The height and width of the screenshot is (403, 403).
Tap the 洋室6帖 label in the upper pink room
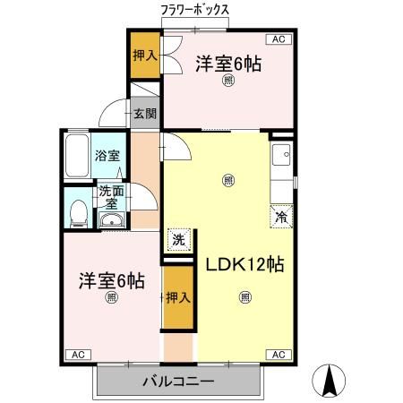[228, 64]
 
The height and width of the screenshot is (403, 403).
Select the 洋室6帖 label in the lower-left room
[112, 280]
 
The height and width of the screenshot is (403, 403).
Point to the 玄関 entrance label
[145, 114]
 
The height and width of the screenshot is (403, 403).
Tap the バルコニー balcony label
[177, 382]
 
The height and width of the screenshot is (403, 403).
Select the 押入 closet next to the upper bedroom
[145, 56]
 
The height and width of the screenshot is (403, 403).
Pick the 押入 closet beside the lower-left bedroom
[178, 298]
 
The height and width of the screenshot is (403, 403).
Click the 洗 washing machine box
[177, 239]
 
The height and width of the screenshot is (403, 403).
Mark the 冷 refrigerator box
[281, 217]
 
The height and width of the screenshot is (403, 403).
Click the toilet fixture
[78, 212]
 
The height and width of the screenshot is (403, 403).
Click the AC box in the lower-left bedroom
[78, 354]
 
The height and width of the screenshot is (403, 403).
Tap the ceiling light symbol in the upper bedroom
[228, 81]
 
